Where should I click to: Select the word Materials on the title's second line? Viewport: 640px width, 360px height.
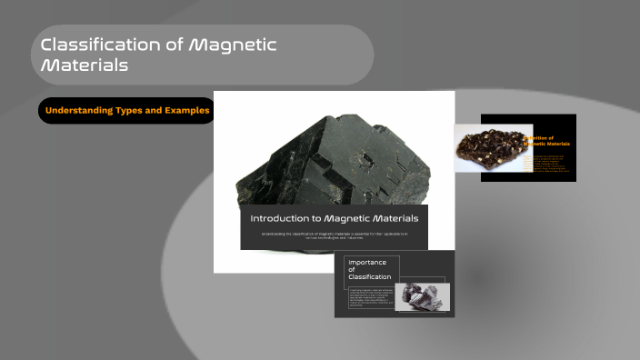click(84, 65)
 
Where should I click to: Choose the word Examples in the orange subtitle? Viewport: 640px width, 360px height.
click(185, 111)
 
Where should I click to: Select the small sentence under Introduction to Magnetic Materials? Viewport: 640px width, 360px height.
click(334, 236)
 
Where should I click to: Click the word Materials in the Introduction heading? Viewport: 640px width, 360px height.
click(396, 219)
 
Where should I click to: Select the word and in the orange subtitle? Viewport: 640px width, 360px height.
click(155, 111)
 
